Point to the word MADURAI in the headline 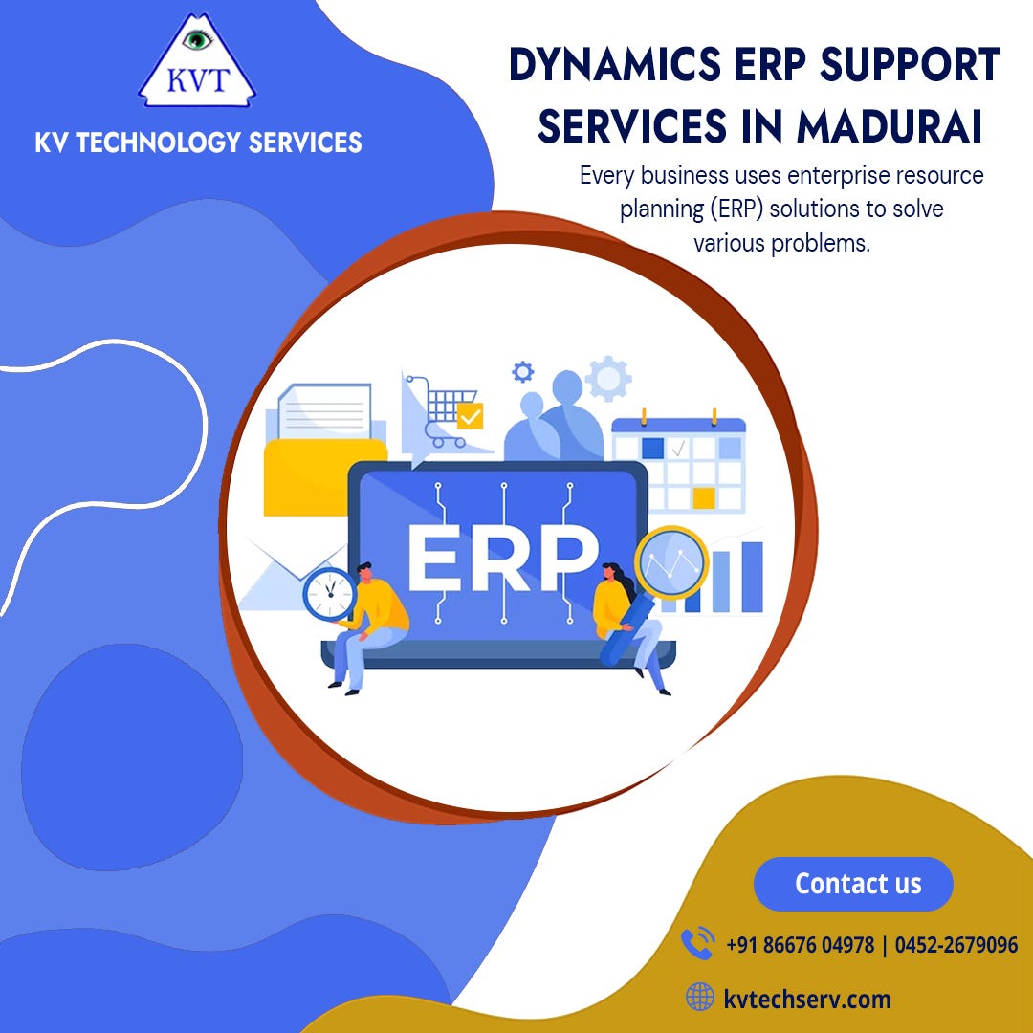887,128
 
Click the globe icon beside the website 700,999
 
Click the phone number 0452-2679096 956,945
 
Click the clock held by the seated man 329,594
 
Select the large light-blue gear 608,379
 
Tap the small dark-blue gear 522,371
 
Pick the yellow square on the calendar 704,497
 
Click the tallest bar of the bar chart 753,577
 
